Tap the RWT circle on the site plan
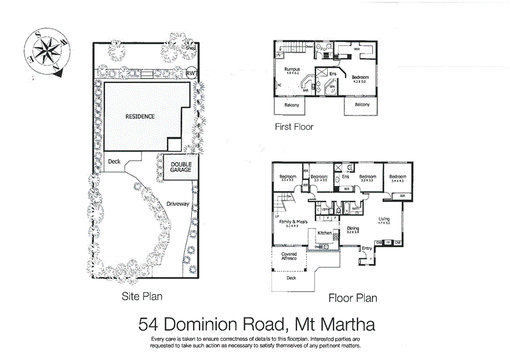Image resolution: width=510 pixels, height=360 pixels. pyautogui.click(x=191, y=73)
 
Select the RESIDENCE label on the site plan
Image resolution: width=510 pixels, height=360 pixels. pyautogui.click(x=141, y=117)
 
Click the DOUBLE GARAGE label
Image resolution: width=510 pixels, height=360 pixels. pyautogui.click(x=180, y=168)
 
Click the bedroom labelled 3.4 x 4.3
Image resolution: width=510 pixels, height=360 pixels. pyautogui.click(x=398, y=181)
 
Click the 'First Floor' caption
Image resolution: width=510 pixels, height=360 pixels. pyautogui.click(x=294, y=126)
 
